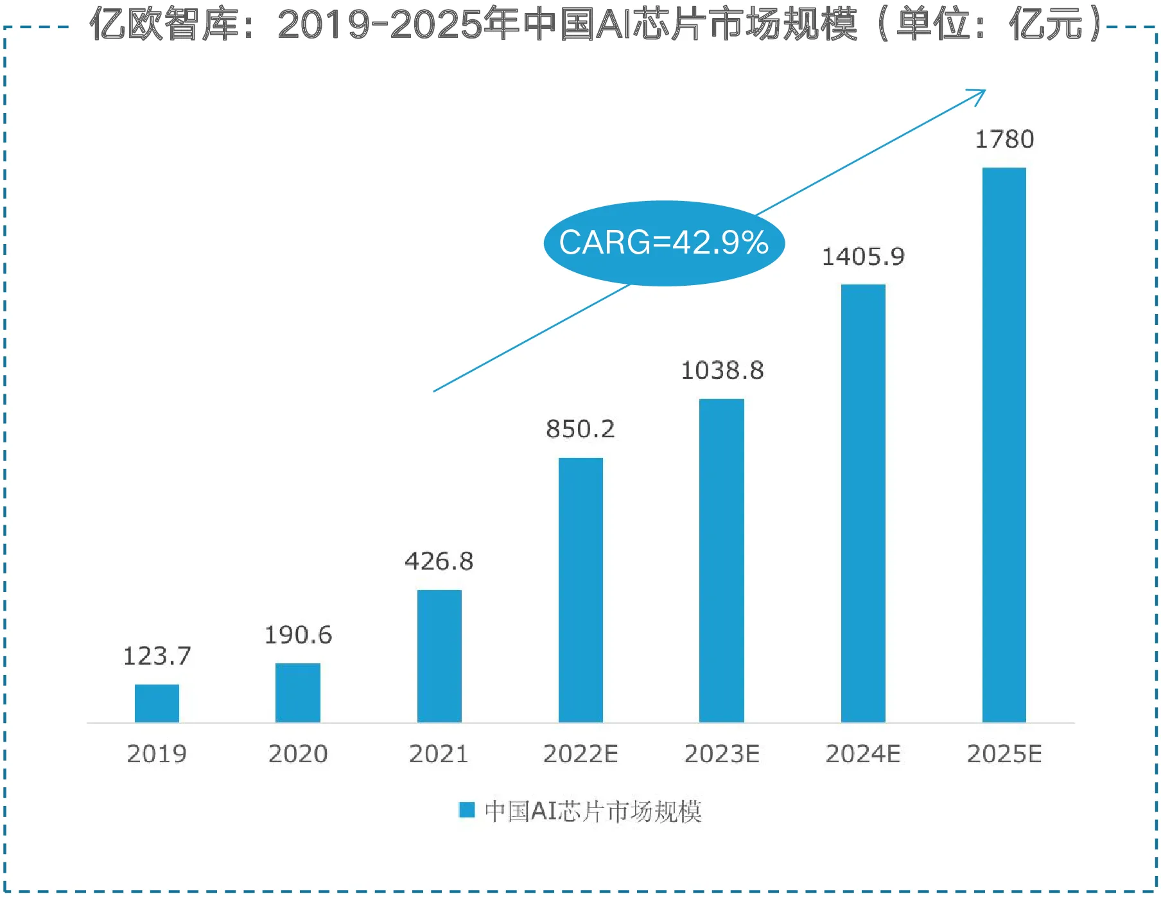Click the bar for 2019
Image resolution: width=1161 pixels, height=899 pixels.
point(157,703)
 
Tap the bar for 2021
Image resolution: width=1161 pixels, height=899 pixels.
point(439,656)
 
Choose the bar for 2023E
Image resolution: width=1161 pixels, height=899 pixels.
point(722,560)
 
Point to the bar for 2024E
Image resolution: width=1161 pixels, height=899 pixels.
point(863,503)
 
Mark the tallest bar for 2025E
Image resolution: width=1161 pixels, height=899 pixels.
point(1004,444)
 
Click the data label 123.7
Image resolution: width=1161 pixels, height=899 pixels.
point(157,656)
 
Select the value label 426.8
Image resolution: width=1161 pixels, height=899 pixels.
point(439,561)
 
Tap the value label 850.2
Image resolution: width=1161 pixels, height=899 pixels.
point(580,429)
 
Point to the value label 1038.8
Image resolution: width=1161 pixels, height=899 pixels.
point(722,371)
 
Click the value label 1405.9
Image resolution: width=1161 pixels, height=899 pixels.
point(863,257)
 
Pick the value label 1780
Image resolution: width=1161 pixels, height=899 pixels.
point(1004,139)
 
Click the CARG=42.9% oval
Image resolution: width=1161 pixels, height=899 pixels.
point(664,243)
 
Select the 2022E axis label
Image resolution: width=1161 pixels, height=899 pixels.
point(580,754)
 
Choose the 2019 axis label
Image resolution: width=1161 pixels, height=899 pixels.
point(157,754)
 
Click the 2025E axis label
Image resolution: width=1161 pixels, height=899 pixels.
point(1004,754)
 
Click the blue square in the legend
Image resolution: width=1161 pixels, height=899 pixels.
point(467,810)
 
